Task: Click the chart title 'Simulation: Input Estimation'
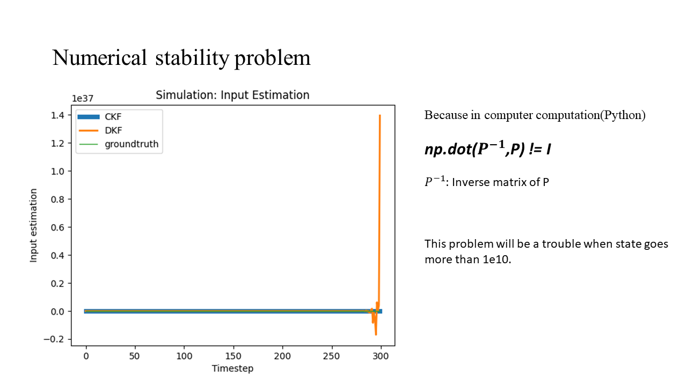pyautogui.click(x=232, y=95)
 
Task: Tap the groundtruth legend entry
pyautogui.click(x=131, y=144)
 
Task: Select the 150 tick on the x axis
pyautogui.click(x=233, y=355)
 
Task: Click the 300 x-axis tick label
pyautogui.click(x=381, y=355)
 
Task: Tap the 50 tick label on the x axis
pyautogui.click(x=135, y=355)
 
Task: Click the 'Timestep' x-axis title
pyautogui.click(x=232, y=368)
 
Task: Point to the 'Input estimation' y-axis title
pyautogui.click(x=34, y=225)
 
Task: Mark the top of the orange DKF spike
pyautogui.click(x=379, y=116)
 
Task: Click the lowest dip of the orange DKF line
pyautogui.click(x=376, y=335)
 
